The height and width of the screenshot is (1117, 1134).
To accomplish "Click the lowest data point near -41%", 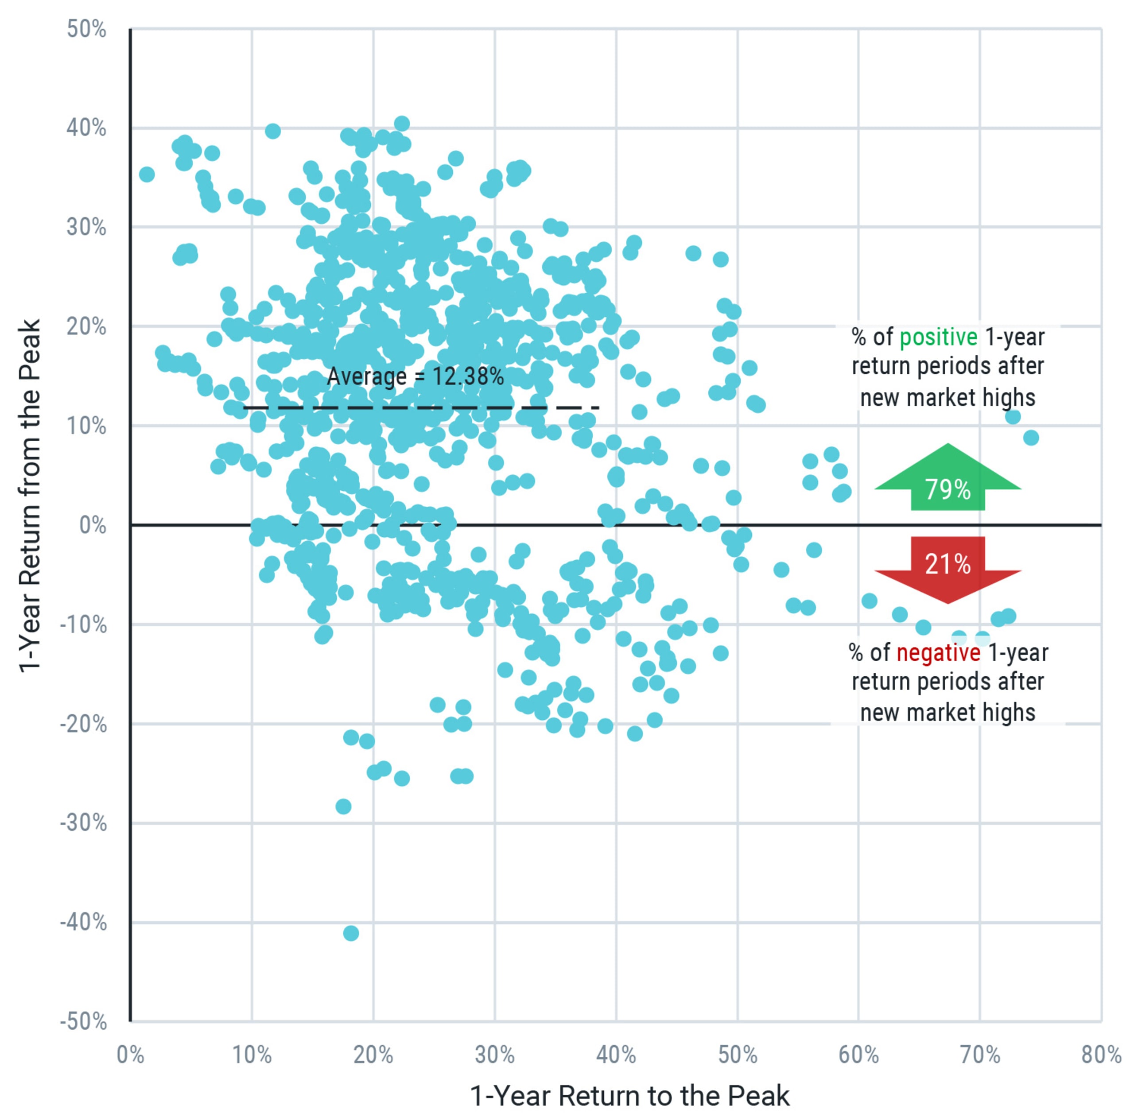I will click(351, 933).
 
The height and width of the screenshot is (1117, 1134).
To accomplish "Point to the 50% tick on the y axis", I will click(86, 29).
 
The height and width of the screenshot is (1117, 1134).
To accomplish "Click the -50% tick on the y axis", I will click(84, 1021).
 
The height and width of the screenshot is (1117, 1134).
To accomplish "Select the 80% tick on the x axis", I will click(1101, 1054).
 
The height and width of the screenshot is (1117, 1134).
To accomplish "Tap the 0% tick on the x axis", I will click(130, 1054).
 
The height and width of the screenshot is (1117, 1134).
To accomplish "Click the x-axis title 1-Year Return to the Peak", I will click(629, 1095).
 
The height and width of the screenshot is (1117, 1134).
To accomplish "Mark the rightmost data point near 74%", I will click(1031, 438).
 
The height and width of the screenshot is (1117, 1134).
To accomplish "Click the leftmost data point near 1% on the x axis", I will click(147, 174).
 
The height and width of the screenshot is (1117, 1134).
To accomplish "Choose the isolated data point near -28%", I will click(343, 806).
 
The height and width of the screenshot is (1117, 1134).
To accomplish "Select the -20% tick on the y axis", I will click(84, 724).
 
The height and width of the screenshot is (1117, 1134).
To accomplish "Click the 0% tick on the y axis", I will click(93, 525).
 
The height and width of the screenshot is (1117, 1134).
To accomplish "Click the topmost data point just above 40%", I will click(402, 124).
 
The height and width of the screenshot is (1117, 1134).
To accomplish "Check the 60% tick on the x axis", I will click(858, 1054).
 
